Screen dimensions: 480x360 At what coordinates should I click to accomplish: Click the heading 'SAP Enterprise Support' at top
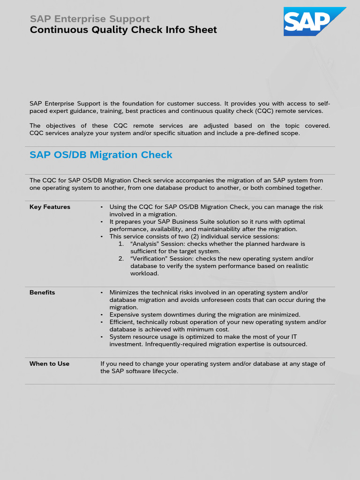[x=90, y=19]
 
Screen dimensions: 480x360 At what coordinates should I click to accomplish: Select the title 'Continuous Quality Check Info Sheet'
[x=123, y=30]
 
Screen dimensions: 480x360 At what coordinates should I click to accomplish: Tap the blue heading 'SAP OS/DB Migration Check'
[x=101, y=155]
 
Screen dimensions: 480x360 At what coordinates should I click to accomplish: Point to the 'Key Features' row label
[x=50, y=207]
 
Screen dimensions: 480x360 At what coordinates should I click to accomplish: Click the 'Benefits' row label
[x=42, y=292]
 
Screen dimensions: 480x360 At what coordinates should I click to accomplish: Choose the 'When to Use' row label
[x=49, y=364]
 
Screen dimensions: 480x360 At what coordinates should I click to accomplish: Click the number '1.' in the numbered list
[x=121, y=244]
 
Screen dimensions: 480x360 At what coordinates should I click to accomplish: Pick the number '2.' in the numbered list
[x=121, y=259]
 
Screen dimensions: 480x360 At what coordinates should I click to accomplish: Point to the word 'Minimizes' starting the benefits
[x=124, y=292]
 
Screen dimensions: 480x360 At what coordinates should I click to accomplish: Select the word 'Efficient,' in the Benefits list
[x=123, y=322]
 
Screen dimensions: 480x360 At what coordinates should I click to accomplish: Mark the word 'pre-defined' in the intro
[x=263, y=133]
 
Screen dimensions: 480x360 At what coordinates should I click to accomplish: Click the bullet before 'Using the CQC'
[x=102, y=207]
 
